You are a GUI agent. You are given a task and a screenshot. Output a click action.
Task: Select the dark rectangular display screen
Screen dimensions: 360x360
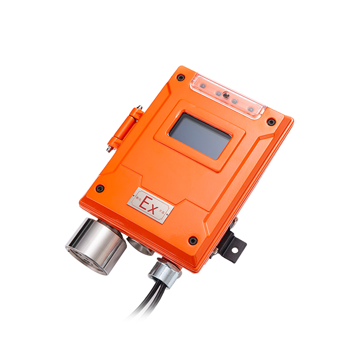coord(200,136)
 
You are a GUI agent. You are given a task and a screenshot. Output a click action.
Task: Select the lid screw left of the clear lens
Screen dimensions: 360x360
coord(181,77)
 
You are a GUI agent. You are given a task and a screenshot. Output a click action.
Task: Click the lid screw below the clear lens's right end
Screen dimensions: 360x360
coord(271,121)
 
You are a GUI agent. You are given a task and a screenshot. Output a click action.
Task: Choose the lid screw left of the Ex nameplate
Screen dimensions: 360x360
coord(100,188)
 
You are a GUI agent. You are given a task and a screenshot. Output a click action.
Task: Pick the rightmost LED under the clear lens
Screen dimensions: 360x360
coord(251,109)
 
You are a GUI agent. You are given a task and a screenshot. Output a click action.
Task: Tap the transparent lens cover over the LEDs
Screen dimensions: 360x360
coord(228,96)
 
